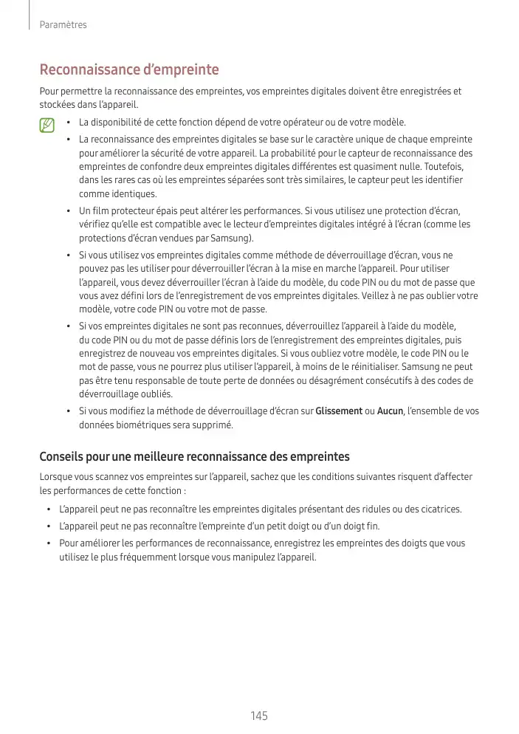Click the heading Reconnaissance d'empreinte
129,70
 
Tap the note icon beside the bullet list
47,126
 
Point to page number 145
259,716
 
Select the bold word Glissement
339,411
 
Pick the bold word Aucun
390,411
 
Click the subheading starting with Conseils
194,456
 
